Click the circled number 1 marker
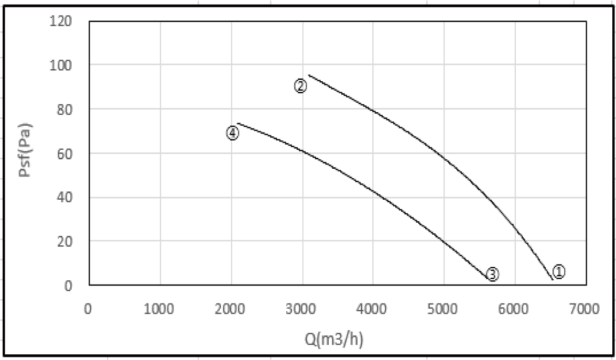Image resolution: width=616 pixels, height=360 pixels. [x=559, y=271]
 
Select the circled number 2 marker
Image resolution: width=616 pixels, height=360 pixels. [x=300, y=86]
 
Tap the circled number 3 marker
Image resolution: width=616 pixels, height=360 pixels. [x=492, y=274]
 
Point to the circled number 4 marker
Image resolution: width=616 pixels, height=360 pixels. [x=233, y=133]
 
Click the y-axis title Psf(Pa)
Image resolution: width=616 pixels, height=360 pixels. [x=25, y=150]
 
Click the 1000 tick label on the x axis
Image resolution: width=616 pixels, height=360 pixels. [x=159, y=308]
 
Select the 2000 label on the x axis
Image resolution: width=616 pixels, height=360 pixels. [x=230, y=308]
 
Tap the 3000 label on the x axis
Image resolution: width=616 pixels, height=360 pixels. [x=301, y=308]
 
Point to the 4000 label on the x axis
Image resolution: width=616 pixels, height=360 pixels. [x=372, y=308]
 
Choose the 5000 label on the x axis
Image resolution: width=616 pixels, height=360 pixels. [x=444, y=308]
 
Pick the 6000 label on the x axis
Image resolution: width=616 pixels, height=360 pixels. [x=514, y=308]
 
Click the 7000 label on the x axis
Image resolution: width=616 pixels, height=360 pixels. [x=585, y=308]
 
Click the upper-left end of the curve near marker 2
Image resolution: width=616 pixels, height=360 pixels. [x=309, y=75]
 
